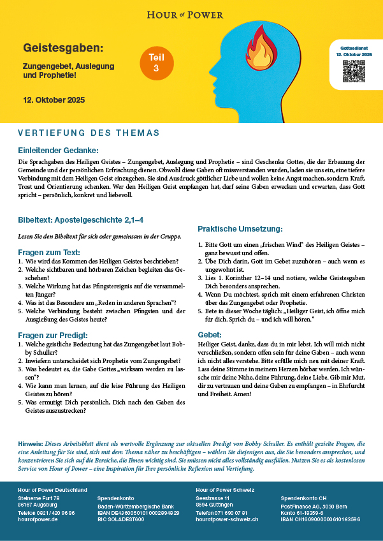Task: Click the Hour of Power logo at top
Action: [x=191, y=13]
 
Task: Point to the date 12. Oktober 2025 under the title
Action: [x=54, y=100]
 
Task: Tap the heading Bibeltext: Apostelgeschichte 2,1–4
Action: [x=80, y=219]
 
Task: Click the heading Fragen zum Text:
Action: [x=48, y=252]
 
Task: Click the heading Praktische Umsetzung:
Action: [x=240, y=228]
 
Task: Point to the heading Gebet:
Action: [x=210, y=334]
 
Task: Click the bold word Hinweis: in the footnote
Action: [x=31, y=443]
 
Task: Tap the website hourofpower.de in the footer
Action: [x=39, y=519]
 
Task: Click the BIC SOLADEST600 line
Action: [x=120, y=519]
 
